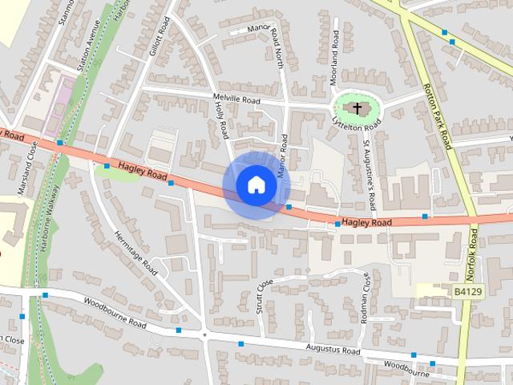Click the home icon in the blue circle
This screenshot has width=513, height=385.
pyautogui.click(x=256, y=184)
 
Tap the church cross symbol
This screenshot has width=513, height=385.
pyautogui.click(x=357, y=107)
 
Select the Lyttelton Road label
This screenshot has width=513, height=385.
pyautogui.click(x=356, y=123)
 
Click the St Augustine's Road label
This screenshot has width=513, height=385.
pyautogui.click(x=371, y=168)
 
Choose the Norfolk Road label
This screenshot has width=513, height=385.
pyautogui.click(x=475, y=249)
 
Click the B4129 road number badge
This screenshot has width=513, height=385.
pyautogui.click(x=467, y=291)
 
